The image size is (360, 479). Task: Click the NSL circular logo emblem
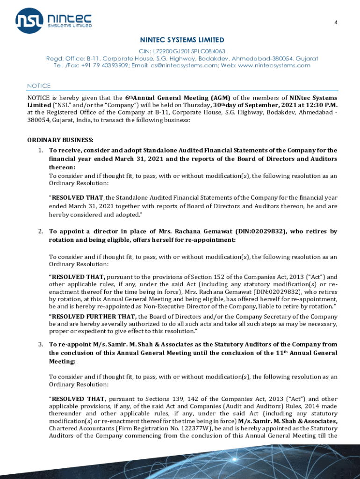30,20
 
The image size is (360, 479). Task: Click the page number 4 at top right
335,22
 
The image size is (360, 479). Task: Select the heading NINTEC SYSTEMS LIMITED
182,40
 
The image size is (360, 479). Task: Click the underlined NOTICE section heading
39,86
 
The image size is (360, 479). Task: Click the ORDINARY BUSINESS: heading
60,140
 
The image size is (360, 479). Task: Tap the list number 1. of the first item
41,151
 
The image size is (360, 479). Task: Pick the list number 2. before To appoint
41,232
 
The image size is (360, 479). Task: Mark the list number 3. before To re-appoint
41,345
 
